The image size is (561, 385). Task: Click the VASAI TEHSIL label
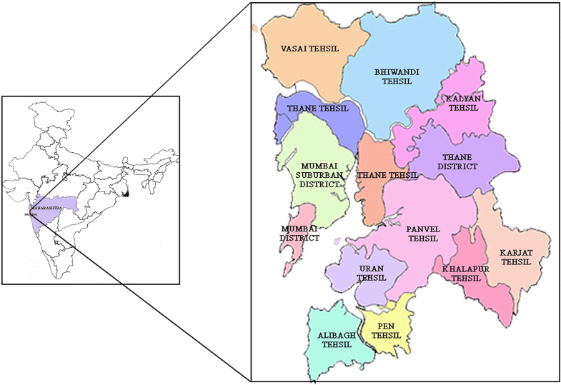tap(309, 49)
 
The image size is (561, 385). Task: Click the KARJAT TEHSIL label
tap(515, 257)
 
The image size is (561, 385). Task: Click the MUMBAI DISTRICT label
tap(299, 233)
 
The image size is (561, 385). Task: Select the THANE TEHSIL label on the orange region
tap(387, 175)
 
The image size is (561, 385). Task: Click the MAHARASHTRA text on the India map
tap(47, 207)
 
